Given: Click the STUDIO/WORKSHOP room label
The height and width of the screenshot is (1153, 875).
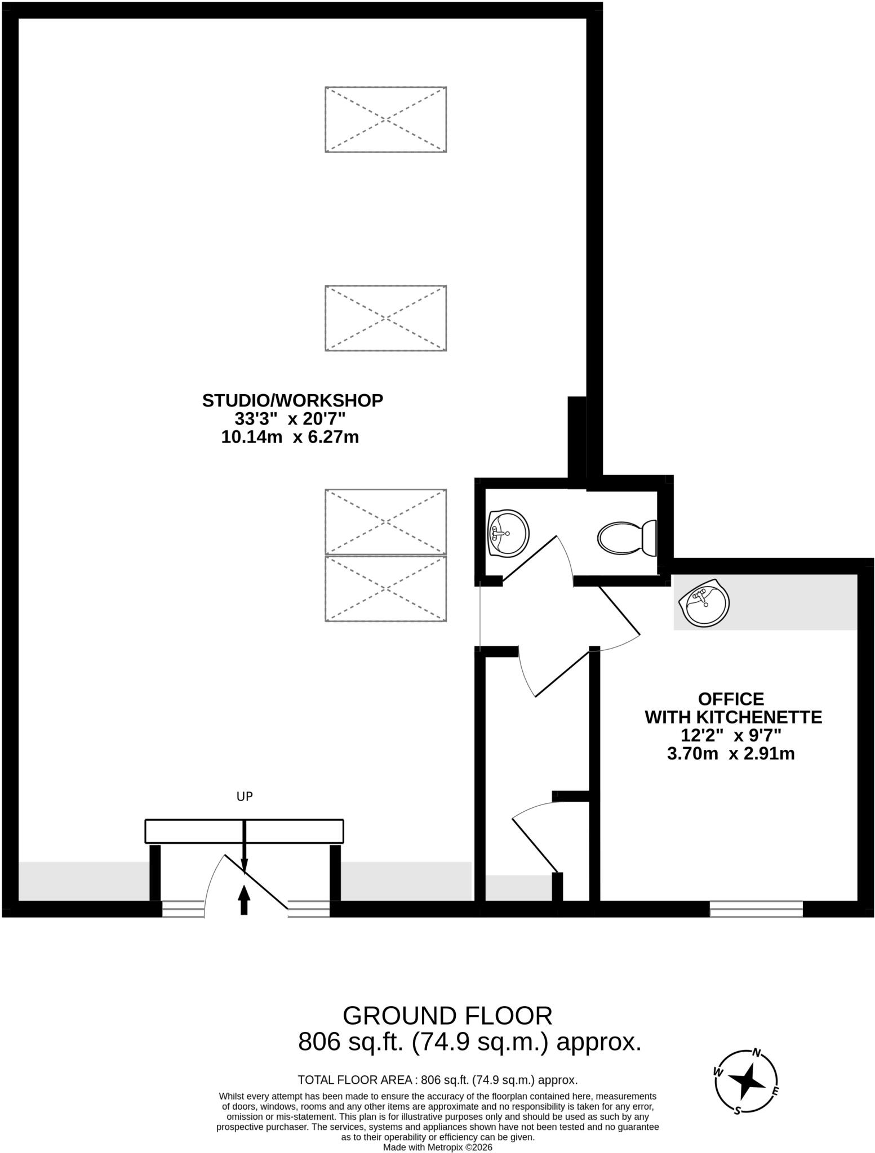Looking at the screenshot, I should coord(292,400).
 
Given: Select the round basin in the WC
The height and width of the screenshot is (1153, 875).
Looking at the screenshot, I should coord(508,533).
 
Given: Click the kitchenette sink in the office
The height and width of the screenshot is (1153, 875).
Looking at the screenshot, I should coord(704,602).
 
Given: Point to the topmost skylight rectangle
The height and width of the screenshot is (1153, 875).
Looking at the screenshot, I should coord(385,119).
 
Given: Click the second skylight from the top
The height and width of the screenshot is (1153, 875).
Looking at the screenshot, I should coord(385,318).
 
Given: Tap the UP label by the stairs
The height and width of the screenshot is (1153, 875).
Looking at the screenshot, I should coord(245,796).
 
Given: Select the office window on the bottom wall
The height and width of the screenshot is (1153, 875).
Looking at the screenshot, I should coord(756,909).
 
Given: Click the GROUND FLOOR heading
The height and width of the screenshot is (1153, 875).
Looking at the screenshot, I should coord(447,1016).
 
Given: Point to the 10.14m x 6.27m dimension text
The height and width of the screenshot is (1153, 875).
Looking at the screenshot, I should coord(290,437).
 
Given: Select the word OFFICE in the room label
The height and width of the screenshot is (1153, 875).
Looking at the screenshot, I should coord(731,699).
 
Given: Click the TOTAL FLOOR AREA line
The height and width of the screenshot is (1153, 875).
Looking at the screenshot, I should coord(437,1080).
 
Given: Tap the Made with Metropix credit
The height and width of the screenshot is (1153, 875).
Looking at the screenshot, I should coord(437,1147).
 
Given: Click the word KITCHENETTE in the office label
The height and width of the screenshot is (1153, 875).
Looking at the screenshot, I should coord(759,717).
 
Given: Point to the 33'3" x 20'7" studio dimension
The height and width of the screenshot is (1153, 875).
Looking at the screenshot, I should coord(290,419).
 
